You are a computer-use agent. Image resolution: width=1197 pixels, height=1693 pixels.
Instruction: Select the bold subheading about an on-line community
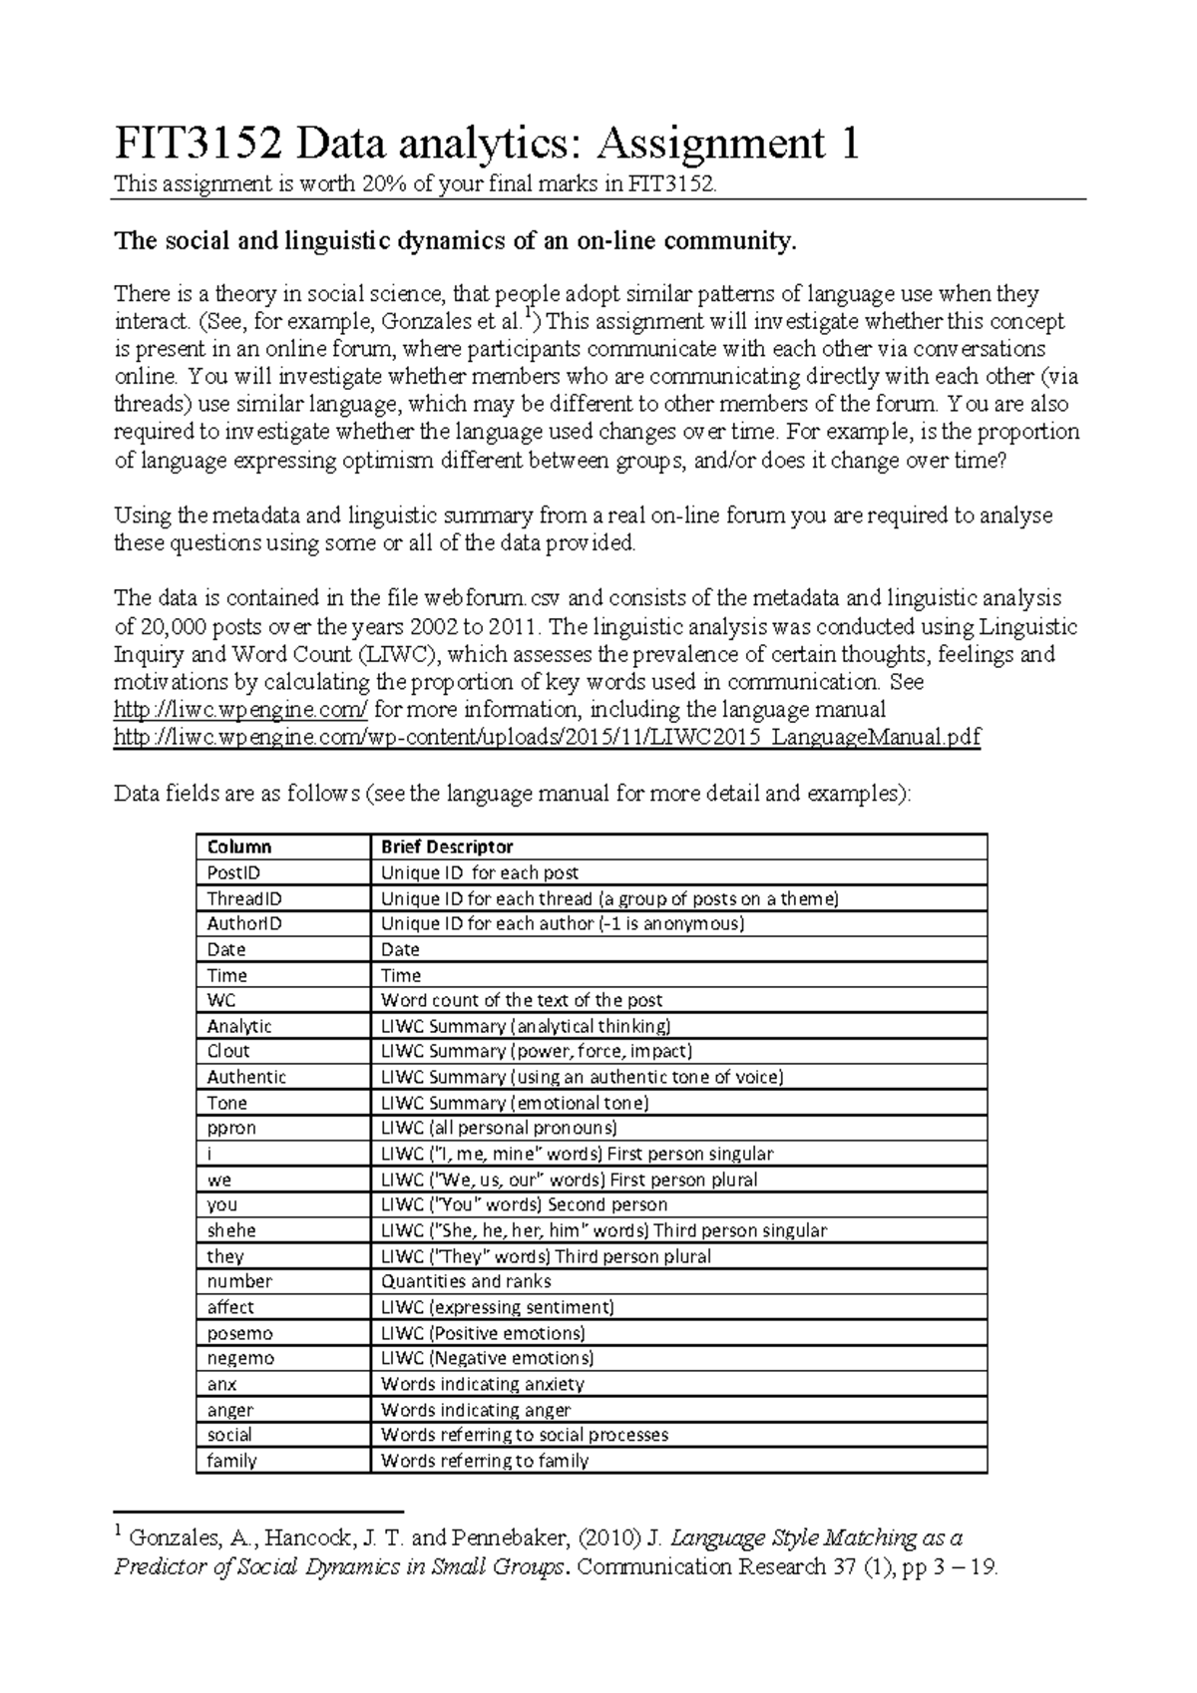pos(456,241)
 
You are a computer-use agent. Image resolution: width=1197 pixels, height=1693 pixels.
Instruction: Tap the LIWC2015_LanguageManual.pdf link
pos(548,738)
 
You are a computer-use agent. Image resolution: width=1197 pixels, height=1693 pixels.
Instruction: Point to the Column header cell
pos(238,846)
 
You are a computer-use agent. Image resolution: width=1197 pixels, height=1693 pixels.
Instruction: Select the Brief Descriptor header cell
pos(447,846)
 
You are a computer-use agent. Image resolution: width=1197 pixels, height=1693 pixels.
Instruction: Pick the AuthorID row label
pos(244,923)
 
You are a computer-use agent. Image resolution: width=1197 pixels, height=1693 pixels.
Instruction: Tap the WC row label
pos(221,1000)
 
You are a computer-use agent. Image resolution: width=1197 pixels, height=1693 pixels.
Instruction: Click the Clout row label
pos(228,1051)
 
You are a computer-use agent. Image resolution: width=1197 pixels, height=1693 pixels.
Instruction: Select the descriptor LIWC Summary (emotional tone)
pos(515,1103)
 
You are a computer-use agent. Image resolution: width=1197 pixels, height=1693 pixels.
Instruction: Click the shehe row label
pos(231,1230)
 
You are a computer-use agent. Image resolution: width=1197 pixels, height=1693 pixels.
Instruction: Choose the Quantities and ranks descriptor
pos(466,1281)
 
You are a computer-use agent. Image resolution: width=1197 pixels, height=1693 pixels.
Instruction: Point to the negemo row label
pos(240,1358)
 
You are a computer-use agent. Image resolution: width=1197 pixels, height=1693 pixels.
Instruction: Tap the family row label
pos(231,1461)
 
